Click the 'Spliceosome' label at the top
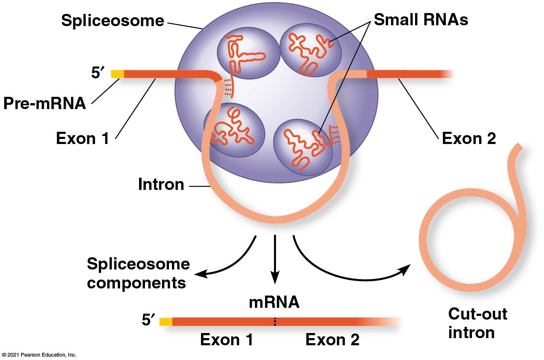[x=113, y=21]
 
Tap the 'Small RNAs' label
[x=421, y=20]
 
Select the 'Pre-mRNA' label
[x=45, y=103]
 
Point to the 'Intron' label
[x=161, y=184]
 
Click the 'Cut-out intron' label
[x=477, y=323]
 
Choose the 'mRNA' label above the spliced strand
[x=274, y=302]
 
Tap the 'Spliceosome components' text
[x=139, y=273]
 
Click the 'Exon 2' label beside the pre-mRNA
[x=469, y=139]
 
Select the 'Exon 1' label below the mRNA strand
[x=226, y=340]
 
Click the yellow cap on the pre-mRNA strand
[x=118, y=74]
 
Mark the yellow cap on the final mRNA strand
[x=166, y=322]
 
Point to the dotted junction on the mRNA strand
[x=275, y=322]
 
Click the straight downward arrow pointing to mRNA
[x=275, y=259]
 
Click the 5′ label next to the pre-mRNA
[x=98, y=72]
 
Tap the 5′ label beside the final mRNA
[x=148, y=320]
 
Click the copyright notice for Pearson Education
[x=39, y=355]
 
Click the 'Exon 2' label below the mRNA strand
[x=332, y=340]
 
